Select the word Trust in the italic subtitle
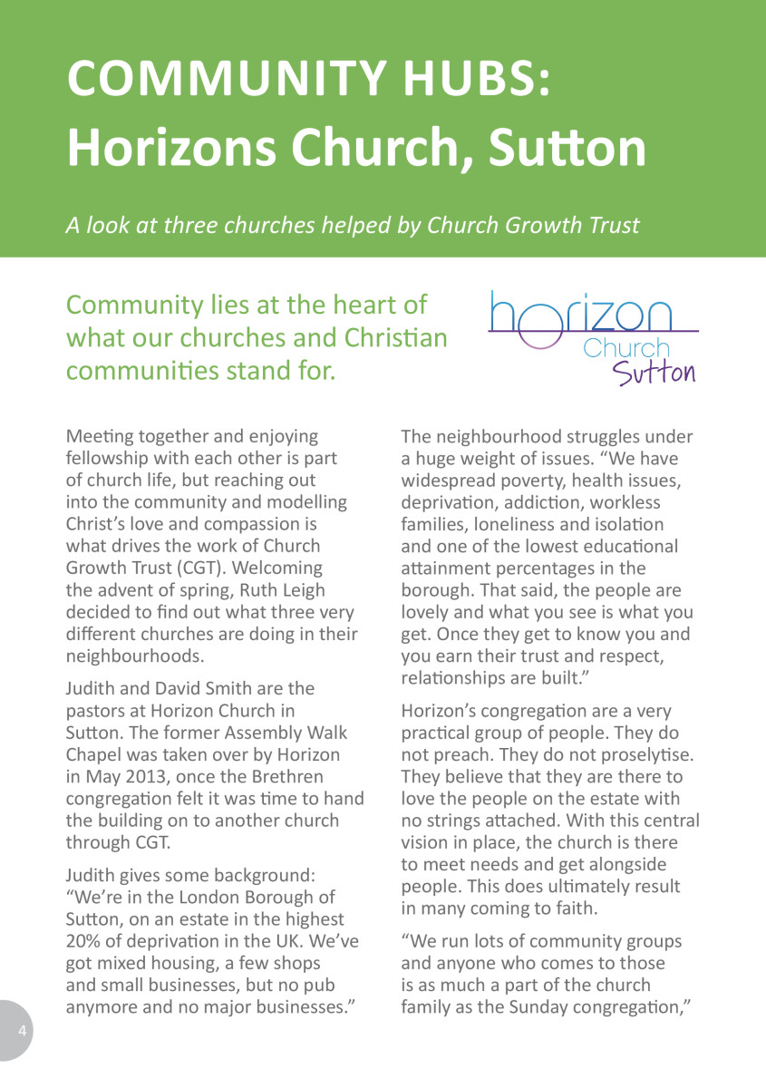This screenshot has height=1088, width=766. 608,225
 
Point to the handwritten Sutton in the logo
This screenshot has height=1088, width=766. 654,371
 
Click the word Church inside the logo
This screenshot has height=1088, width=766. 626,347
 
